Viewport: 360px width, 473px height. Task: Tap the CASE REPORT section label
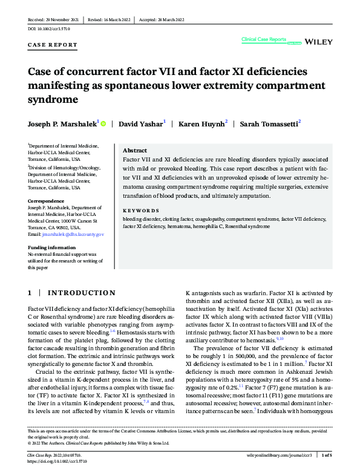click(x=53, y=45)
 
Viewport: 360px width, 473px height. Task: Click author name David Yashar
click(x=140, y=124)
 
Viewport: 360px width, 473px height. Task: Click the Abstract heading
click(x=135, y=151)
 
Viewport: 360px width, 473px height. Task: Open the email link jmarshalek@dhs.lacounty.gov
click(x=74, y=233)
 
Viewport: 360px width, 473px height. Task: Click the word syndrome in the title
click(x=54, y=98)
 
